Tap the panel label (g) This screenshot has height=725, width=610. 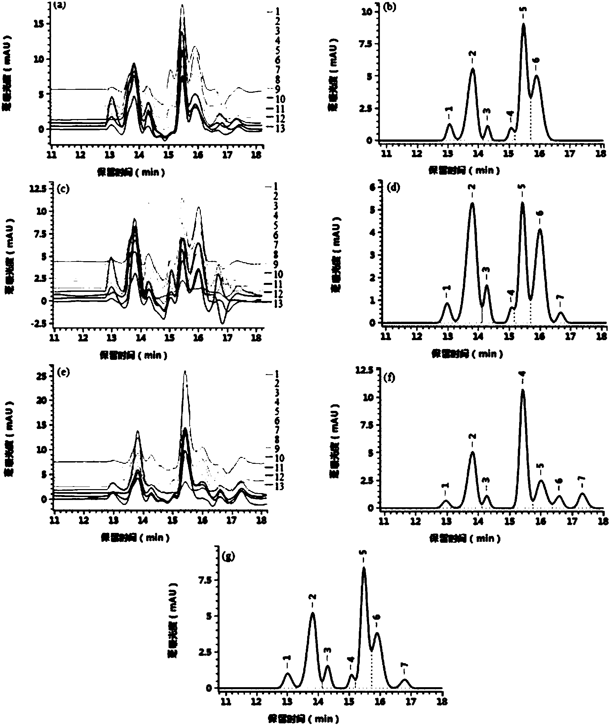(230, 557)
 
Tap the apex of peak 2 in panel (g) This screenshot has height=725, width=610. (313, 614)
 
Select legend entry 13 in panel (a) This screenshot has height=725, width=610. (279, 129)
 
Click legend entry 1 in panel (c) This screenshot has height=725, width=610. (276, 186)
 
